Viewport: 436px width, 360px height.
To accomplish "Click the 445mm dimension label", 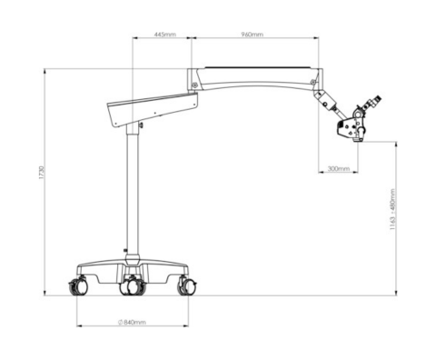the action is tap(165, 35).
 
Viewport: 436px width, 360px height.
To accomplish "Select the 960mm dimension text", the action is tap(253, 35).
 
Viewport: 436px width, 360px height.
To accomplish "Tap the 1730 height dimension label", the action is tap(42, 172).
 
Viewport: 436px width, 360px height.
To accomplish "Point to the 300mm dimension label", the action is tap(339, 168).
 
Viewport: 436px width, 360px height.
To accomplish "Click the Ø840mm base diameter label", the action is tap(132, 322).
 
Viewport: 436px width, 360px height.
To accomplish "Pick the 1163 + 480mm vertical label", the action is tap(392, 209).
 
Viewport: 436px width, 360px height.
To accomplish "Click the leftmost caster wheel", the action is tap(79, 286).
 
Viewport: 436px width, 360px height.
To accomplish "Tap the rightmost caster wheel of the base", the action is tap(188, 286).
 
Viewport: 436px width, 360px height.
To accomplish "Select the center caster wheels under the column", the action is tap(133, 285).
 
